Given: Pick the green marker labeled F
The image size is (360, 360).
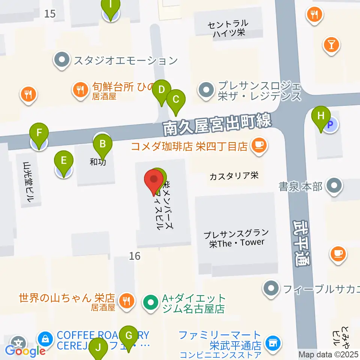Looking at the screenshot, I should point(39,133).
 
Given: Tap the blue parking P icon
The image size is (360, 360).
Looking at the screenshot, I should point(330,125).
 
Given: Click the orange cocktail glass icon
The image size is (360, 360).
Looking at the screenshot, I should point(331,45).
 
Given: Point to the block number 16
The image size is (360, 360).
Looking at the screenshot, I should point(135,256).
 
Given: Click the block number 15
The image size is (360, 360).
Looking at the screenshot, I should point(49,14).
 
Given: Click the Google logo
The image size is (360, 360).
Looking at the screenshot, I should point(25,351).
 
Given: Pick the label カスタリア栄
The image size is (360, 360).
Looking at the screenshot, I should point(234,175).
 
